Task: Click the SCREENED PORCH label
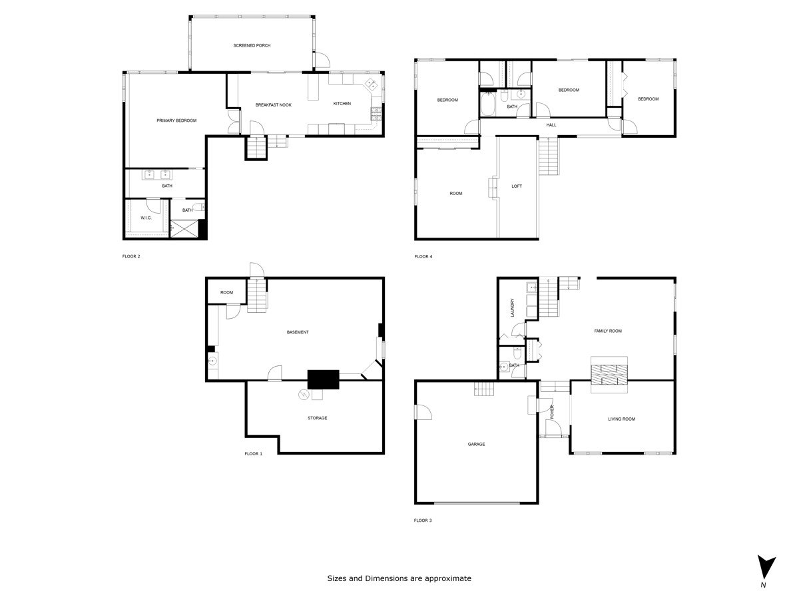tap(252, 45)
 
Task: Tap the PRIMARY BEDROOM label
tap(176, 120)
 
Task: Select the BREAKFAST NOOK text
tap(273, 104)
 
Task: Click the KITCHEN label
tap(342, 104)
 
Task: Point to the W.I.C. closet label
tap(146, 218)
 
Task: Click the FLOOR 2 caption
tap(131, 256)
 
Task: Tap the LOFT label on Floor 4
tap(517, 186)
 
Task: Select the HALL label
tap(551, 125)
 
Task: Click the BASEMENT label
tap(298, 332)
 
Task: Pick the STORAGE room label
tap(317, 418)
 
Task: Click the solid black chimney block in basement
tap(323, 379)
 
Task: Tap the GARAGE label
tap(476, 444)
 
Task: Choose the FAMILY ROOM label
tap(607, 331)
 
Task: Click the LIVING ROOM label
tap(621, 419)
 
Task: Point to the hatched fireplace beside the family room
tap(609, 375)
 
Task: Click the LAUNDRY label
tap(513, 307)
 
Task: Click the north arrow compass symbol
tap(766, 568)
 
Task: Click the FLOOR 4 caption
tap(423, 256)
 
